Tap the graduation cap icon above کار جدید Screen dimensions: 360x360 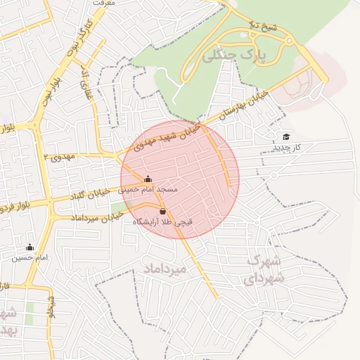click(285, 136)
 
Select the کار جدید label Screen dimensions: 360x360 click(286, 148)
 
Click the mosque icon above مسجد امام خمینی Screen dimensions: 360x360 click(148, 179)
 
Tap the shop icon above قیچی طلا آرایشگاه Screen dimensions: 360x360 click(163, 210)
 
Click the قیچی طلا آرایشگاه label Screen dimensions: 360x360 click(162, 221)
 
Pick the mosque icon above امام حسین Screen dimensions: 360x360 click(30, 247)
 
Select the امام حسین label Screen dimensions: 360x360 click(30, 258)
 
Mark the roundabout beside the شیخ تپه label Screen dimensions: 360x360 click(288, 43)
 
